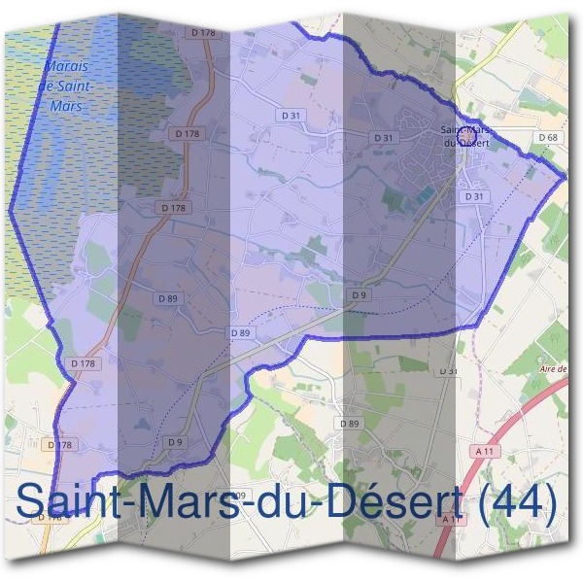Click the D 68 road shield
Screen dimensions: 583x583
coord(547,138)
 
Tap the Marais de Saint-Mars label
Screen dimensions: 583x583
coord(67,86)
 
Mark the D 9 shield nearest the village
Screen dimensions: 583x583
coord(360,294)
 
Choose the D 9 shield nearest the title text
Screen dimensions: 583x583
coord(175,442)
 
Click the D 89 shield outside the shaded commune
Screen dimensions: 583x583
coord(349,424)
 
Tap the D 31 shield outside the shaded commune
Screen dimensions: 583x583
coord(448,371)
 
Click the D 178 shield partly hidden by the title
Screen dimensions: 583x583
coord(47,518)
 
